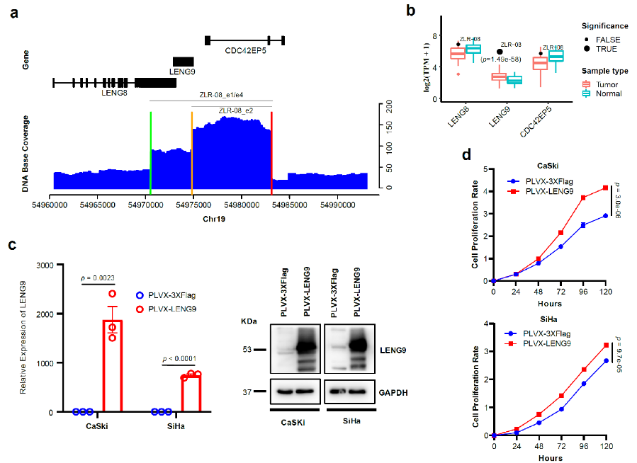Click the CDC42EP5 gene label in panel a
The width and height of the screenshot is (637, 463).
pos(246,52)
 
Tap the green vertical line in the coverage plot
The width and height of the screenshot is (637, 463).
pos(150,149)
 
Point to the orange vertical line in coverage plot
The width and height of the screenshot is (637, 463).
pos(192,149)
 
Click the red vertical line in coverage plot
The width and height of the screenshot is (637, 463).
pos(271,149)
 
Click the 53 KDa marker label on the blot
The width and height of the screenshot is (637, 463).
pos(247,348)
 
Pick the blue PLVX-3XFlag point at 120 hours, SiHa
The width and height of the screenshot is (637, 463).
pos(605,360)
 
